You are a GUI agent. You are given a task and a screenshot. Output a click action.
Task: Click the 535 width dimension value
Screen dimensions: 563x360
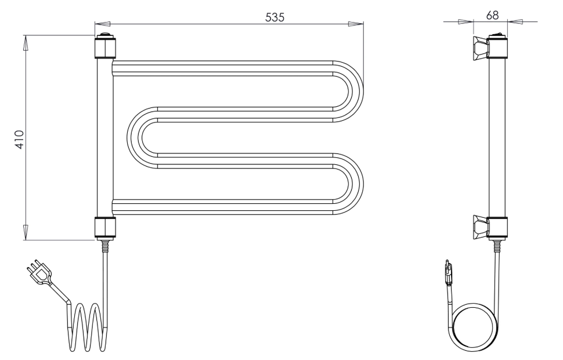point(275,17)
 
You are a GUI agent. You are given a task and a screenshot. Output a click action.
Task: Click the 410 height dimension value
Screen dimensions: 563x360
point(19,139)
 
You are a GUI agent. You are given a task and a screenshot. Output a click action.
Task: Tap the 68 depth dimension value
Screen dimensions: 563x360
point(492,15)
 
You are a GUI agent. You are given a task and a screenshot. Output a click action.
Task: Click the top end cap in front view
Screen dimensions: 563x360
point(105,48)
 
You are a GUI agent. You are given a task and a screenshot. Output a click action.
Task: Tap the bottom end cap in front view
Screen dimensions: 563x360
point(105,227)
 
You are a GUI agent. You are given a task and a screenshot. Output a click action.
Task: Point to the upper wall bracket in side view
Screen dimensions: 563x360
point(481,48)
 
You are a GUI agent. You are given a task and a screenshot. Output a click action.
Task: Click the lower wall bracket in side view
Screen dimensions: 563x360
point(481,227)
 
